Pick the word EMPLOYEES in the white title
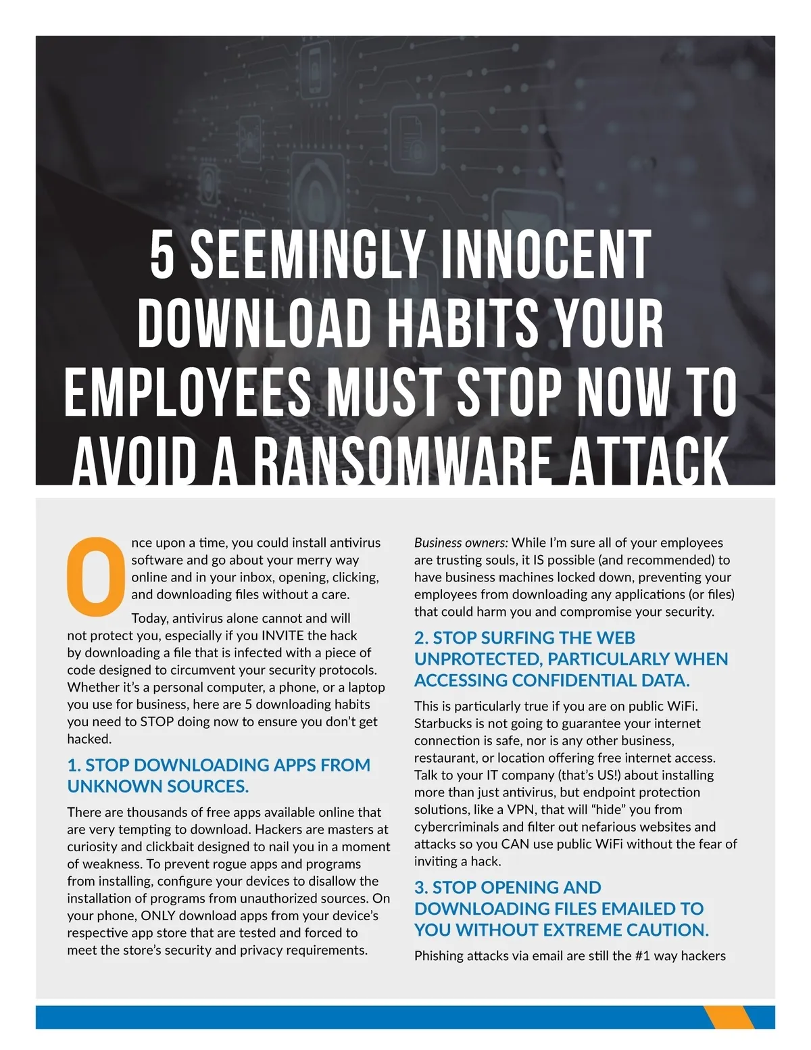(188, 394)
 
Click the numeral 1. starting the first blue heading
(74, 765)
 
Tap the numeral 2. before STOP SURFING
(421, 638)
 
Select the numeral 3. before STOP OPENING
(421, 888)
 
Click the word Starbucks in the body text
(443, 723)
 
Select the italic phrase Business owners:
(460, 543)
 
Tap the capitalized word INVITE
(282, 636)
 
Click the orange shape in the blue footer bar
(729, 1017)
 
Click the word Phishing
(439, 956)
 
